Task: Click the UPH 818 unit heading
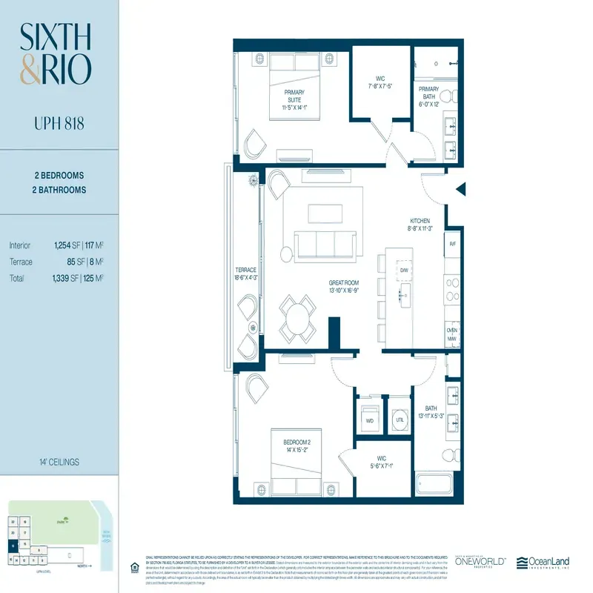point(58,122)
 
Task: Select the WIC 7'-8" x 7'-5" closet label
point(379,81)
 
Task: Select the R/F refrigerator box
point(452,243)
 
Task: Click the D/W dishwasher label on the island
point(404,271)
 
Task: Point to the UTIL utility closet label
point(400,420)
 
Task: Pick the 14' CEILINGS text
point(58,462)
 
